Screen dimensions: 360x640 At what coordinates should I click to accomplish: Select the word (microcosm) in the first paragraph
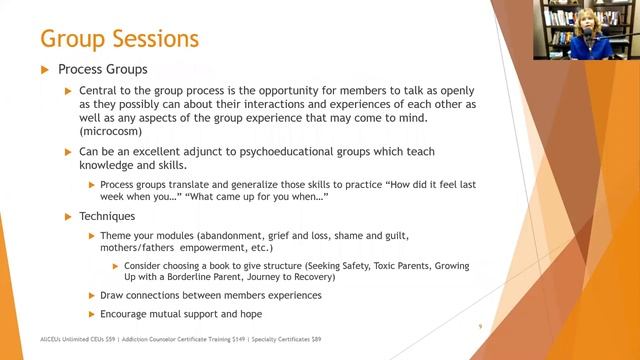pos(115,130)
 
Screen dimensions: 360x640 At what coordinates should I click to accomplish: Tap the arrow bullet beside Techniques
pos(69,216)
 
